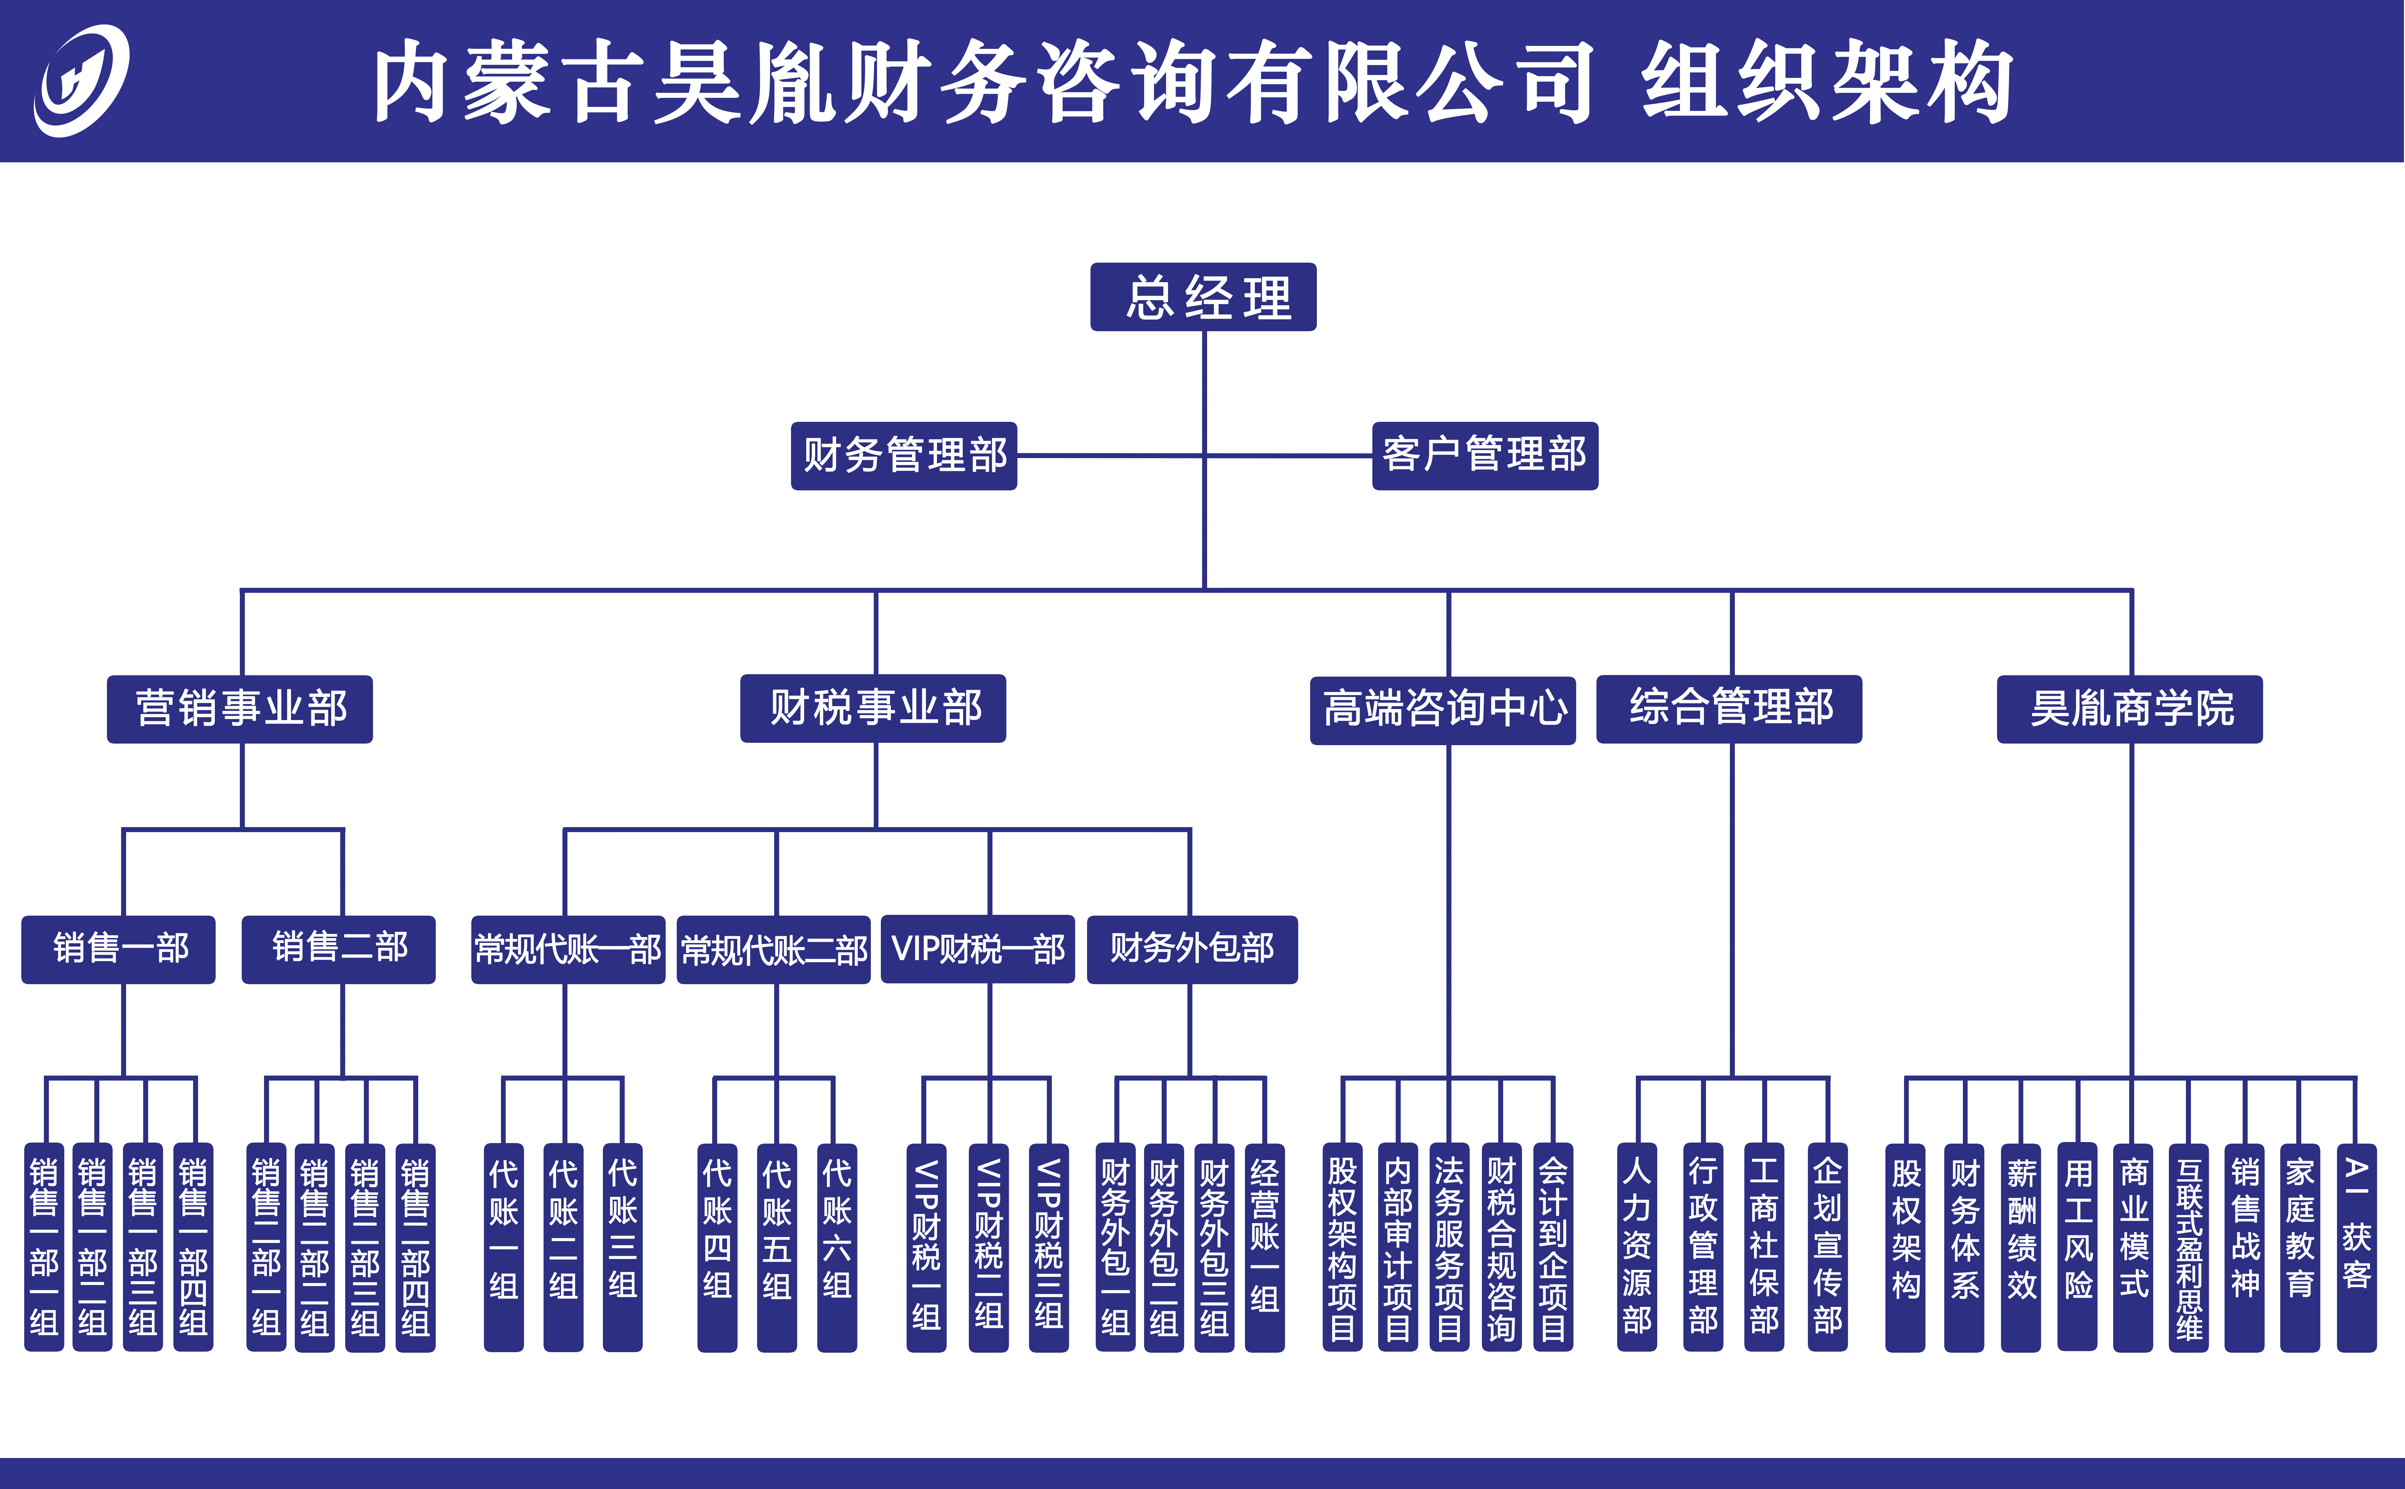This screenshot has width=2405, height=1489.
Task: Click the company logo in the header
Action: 81,81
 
